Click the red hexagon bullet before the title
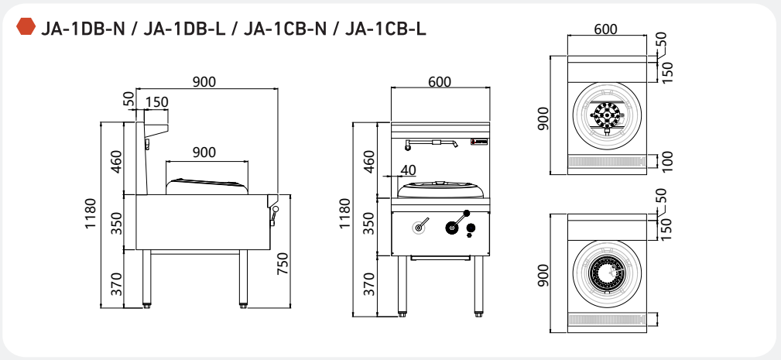(x=26, y=29)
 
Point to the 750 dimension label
(x=283, y=263)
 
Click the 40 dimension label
(x=408, y=170)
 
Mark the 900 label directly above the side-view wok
(x=204, y=153)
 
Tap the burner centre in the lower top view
(x=606, y=273)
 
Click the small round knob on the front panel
(x=419, y=228)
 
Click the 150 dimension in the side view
(x=156, y=102)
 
